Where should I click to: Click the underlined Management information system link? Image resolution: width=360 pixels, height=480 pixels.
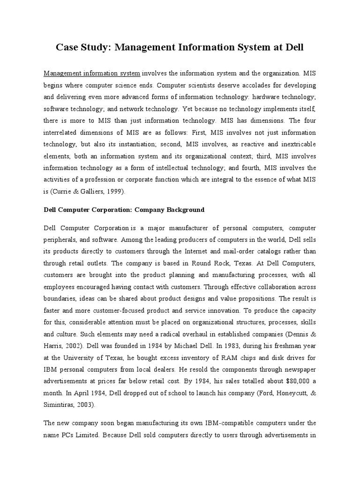pos(92,74)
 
